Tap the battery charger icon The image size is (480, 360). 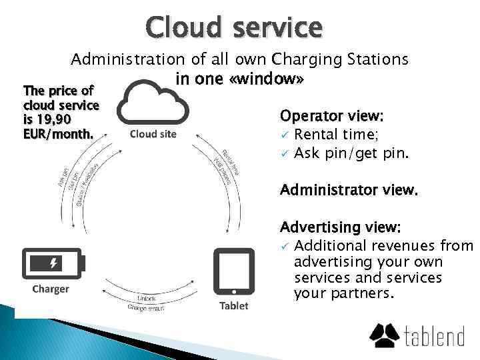(53, 263)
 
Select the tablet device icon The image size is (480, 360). (233, 273)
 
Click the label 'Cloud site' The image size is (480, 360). (153, 134)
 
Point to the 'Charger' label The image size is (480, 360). (51, 289)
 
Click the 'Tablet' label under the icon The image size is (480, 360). (233, 305)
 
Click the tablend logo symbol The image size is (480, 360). (385, 335)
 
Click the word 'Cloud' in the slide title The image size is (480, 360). (181, 27)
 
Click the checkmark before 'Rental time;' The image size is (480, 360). (284, 135)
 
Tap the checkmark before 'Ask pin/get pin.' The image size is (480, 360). (284, 153)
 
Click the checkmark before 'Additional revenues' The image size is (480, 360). (284, 247)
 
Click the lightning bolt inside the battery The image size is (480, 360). (53, 263)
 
